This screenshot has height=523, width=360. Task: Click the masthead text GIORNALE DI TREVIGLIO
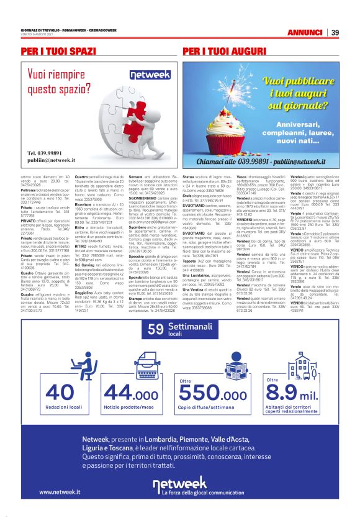[x=37, y=30]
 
